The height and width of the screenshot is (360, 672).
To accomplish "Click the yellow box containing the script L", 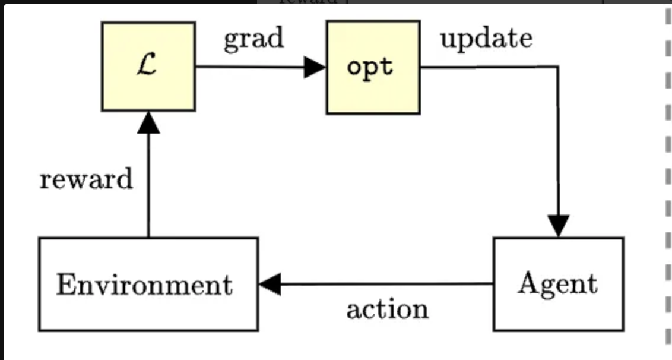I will tap(148, 67).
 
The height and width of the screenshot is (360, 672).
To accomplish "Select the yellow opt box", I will tap(373, 67).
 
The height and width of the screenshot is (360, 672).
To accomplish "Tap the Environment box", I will tap(148, 284).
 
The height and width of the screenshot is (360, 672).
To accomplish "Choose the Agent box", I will tap(558, 284).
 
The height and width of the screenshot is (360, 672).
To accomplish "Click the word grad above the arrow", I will tap(253, 39).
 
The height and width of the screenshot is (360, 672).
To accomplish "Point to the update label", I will tap(486, 39).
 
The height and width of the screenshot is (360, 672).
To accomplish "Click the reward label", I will tap(86, 179).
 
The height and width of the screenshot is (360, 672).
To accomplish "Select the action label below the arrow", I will tap(387, 310).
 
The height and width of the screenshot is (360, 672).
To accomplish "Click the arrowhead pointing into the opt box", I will tap(315, 67).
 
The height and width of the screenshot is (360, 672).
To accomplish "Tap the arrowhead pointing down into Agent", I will tap(558, 226).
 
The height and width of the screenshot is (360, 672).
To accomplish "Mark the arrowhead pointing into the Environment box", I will tap(270, 285).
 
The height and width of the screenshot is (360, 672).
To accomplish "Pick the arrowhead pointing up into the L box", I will tap(148, 122).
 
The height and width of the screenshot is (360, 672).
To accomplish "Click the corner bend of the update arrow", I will tap(557, 67).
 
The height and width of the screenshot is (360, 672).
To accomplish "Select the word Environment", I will tap(144, 285).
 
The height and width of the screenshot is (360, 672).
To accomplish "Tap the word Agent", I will tap(557, 284).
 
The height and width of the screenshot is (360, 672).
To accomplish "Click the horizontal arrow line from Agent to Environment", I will tap(386, 284).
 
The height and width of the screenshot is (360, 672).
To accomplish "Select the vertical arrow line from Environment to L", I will tap(148, 184).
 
